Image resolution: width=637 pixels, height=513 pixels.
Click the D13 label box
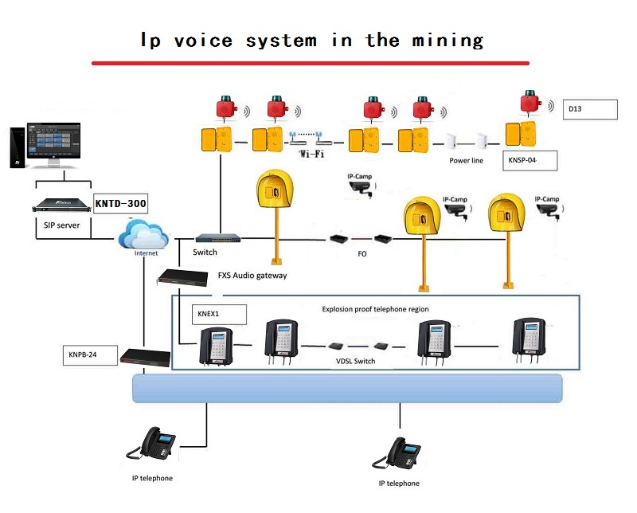point(591,109)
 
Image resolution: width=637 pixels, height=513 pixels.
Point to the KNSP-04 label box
point(530,160)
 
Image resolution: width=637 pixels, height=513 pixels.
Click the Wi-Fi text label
point(311,153)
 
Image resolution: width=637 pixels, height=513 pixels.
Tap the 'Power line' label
point(467,160)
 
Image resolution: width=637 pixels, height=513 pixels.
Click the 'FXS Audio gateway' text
point(252,276)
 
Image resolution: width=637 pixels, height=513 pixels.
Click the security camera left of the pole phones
point(361,187)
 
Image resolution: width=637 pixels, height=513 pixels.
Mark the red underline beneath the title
point(311,62)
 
